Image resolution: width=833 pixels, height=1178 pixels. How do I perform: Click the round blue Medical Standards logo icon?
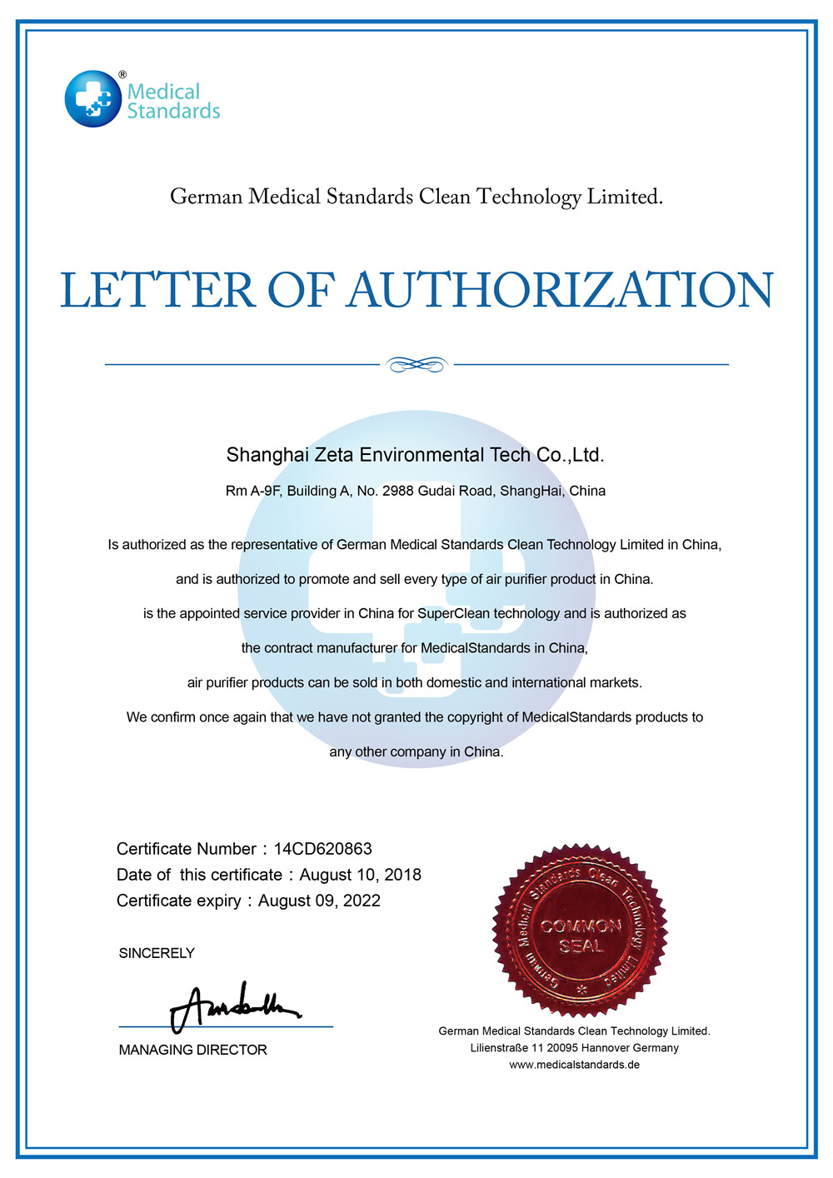pos(93,99)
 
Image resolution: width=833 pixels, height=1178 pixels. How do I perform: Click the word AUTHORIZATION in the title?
pos(560,290)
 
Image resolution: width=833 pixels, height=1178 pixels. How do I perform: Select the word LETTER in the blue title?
pos(157,290)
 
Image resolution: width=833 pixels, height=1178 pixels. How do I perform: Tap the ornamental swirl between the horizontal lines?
pos(416,364)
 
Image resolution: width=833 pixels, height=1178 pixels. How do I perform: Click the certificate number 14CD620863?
pos(322,849)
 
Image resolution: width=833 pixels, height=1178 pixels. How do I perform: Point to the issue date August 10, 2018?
pos(360,875)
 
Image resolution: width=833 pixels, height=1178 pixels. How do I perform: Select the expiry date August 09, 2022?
pos(319,901)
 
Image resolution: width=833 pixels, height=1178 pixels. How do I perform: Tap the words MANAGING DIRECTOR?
pos(192,1050)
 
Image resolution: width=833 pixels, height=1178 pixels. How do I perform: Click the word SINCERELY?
pos(157,953)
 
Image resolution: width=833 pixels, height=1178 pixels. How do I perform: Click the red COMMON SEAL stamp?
pos(581,931)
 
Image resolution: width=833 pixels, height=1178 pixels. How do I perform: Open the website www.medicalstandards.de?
pos(574,1065)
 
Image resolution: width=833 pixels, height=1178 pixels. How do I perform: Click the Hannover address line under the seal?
pos(574,1048)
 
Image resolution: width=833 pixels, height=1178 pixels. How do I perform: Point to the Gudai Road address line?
pos(415,491)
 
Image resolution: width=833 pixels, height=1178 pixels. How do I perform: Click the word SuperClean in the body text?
pos(453,614)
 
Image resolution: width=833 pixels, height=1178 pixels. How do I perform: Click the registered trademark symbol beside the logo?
pos(122,75)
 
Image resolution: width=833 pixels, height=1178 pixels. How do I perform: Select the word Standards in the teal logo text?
pos(173,111)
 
